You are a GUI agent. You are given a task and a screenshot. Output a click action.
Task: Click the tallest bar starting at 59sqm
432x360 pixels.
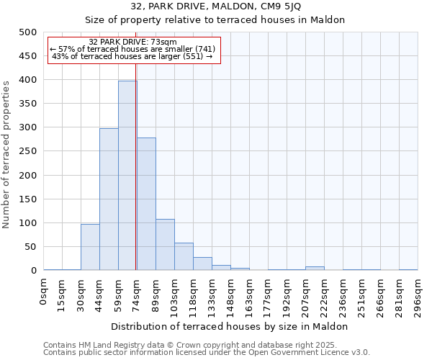tap(127, 176)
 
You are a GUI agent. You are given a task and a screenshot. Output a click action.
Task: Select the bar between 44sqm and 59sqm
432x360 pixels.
tap(109, 199)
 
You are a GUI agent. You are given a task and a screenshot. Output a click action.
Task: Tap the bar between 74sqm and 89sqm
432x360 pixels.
tap(146, 204)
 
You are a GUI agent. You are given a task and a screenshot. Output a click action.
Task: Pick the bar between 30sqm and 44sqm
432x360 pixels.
tap(90, 247)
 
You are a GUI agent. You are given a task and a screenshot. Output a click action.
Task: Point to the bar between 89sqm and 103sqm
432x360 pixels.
tap(165, 245)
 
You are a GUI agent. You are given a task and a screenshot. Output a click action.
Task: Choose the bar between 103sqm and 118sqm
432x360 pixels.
tap(184, 256)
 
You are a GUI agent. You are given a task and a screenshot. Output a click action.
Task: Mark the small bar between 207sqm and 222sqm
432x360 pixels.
tap(315, 268)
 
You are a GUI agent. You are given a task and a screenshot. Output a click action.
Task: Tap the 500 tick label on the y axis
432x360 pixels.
tap(27, 32)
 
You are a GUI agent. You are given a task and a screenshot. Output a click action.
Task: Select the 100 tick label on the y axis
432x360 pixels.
tap(27, 223)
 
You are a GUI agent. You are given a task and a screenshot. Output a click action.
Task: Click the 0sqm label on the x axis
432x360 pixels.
tap(44, 292)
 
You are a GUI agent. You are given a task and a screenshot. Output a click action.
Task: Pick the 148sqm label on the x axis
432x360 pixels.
tap(231, 294)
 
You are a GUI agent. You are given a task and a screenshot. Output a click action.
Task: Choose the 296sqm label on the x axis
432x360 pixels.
tap(418, 294)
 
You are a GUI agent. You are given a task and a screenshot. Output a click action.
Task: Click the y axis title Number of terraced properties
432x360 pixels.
tap(7, 154)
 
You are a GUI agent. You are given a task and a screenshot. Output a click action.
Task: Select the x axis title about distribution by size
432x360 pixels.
tap(230, 326)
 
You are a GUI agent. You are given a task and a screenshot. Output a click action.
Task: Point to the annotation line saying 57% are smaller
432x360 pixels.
tap(132, 49)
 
